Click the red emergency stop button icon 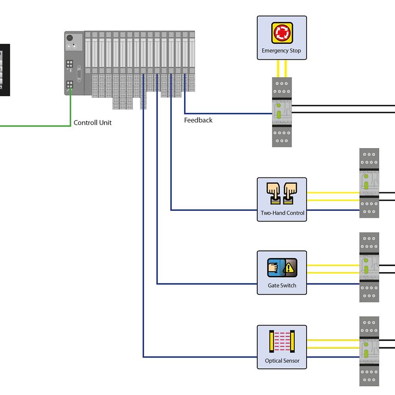coord(282,32)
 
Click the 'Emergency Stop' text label coord(281,51)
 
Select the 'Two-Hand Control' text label coord(282,213)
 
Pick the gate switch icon coord(281,267)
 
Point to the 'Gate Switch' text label coord(282,285)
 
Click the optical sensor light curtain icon coord(282,342)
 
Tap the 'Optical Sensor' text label coord(282,361)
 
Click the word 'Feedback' coord(198,120)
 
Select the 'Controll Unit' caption coord(93,123)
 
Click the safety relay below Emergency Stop coord(282,112)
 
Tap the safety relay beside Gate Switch coord(369,267)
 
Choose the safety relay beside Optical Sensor coord(369,351)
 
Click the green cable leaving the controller coord(36,125)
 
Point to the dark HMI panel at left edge coord(4,69)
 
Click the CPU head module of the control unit coord(74,63)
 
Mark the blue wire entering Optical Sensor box coord(201,357)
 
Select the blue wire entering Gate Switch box coord(206,283)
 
